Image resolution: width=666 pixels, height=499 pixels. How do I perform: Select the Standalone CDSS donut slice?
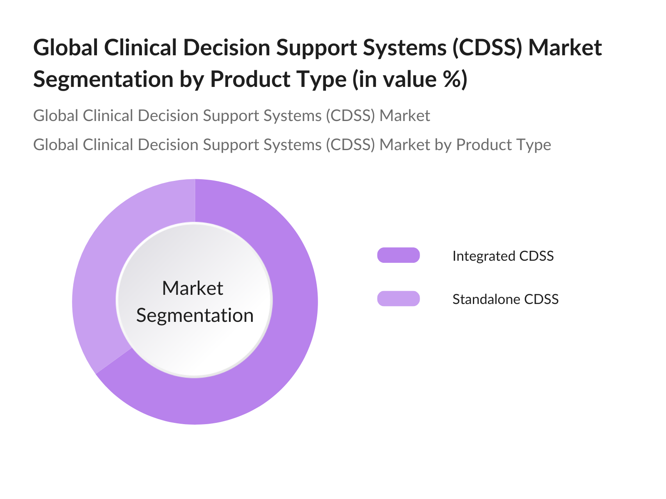[100, 273]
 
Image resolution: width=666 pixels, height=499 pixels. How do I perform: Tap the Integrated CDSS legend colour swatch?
[398, 255]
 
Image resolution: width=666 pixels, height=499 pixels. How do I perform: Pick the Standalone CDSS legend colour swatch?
[398, 299]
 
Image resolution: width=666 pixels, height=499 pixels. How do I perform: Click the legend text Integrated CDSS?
[503, 256]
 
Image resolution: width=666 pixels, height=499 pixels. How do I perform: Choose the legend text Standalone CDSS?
[505, 299]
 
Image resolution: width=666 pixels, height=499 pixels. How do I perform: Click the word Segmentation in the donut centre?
[195, 316]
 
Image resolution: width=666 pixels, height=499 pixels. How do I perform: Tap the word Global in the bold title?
[65, 47]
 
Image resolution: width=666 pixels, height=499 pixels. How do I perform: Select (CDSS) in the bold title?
[487, 48]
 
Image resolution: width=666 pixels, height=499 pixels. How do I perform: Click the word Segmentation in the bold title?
[103, 80]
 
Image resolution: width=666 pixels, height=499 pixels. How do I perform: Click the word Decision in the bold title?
[227, 47]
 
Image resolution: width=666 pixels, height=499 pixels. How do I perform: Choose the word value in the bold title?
[410, 79]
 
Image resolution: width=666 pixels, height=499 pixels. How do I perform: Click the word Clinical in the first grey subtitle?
[108, 116]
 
